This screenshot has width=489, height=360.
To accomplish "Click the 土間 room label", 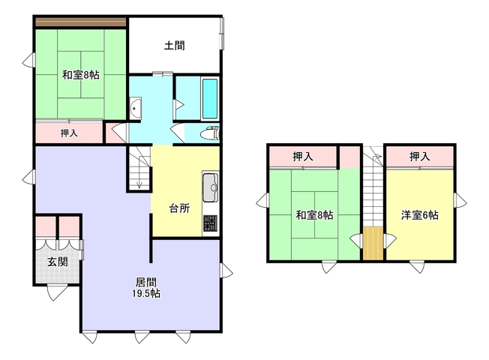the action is click(x=174, y=46).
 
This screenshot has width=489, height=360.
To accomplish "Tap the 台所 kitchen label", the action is click(x=180, y=208).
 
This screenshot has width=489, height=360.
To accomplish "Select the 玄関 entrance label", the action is click(x=58, y=262).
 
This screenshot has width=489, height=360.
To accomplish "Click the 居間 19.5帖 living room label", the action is click(x=146, y=288).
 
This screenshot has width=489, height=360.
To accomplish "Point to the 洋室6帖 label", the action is click(x=419, y=215).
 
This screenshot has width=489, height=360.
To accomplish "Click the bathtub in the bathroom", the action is click(x=210, y=98).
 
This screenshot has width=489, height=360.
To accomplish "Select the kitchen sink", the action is click(x=211, y=187).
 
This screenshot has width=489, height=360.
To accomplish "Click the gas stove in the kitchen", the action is click(x=210, y=223).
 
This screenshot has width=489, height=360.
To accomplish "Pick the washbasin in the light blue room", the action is click(x=135, y=108).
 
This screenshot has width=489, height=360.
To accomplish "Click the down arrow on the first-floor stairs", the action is click(x=139, y=184).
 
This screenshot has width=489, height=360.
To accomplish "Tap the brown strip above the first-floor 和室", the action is click(x=81, y=22).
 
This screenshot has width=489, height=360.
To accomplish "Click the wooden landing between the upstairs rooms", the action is click(x=373, y=243).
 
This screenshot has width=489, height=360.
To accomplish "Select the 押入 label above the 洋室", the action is click(x=419, y=157).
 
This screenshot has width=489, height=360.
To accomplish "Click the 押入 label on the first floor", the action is click(x=69, y=133).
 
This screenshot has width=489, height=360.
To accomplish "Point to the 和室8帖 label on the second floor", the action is click(x=314, y=215).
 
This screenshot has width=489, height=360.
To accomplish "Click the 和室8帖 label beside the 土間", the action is click(x=81, y=75).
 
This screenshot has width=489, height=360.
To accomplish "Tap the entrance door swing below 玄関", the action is click(x=56, y=292).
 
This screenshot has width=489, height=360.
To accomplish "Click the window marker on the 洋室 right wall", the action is click(x=460, y=200).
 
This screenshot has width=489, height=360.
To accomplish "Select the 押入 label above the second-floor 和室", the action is click(x=303, y=157).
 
